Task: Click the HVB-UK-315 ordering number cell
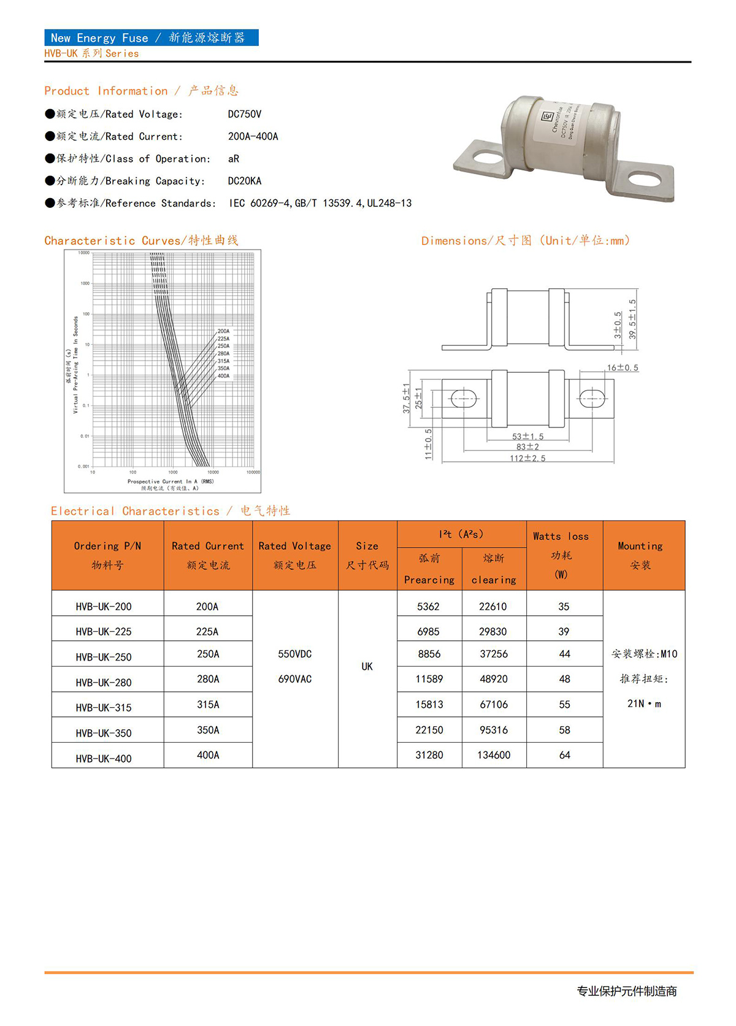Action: tap(104, 708)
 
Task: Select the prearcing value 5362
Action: tap(428, 607)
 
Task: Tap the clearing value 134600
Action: tap(494, 755)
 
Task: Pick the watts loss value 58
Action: tap(564, 730)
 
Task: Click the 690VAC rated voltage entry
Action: tap(295, 679)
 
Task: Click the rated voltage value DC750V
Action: tap(245, 114)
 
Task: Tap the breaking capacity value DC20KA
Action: tap(245, 181)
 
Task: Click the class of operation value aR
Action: tap(234, 159)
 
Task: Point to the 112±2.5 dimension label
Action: tap(527, 458)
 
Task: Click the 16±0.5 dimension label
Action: tap(623, 368)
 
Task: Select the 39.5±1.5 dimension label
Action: tap(632, 319)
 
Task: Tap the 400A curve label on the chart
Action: tap(223, 376)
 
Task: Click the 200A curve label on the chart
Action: tap(223, 331)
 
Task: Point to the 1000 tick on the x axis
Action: tap(173, 472)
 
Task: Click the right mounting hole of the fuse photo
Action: tap(643, 180)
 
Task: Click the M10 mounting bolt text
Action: tap(644, 654)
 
